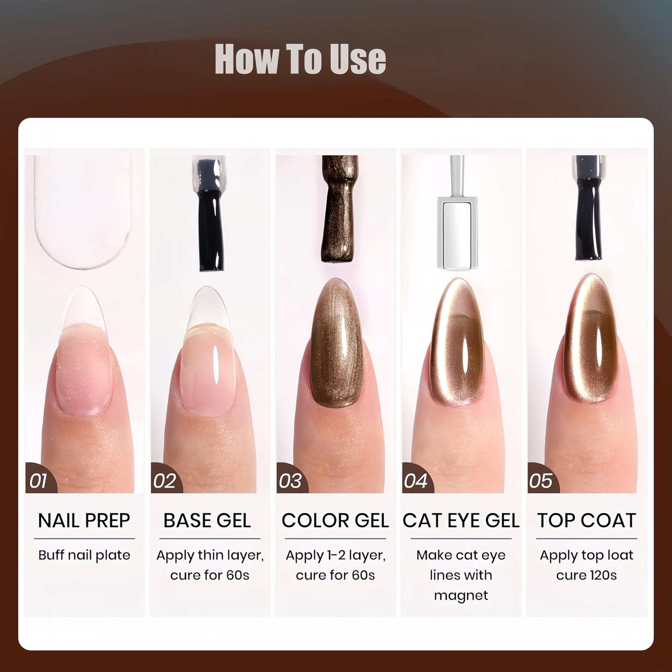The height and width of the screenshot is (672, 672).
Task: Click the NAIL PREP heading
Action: pyautogui.click(x=84, y=521)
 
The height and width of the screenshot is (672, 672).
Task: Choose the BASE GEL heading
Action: pyautogui.click(x=207, y=521)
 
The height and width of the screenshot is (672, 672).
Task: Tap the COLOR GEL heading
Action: pyautogui.click(x=335, y=521)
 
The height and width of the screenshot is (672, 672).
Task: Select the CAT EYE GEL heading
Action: pyautogui.click(x=461, y=521)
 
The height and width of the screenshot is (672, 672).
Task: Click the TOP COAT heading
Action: pyautogui.click(x=587, y=521)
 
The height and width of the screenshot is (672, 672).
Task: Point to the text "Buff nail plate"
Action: pyautogui.click(x=84, y=555)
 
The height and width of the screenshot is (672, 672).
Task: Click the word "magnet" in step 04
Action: pyautogui.click(x=461, y=596)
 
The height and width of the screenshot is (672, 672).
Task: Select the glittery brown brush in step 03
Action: pyautogui.click(x=340, y=209)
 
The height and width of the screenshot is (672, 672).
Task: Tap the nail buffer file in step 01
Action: pyautogui.click(x=83, y=212)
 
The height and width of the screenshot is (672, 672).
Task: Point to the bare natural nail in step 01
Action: pyautogui.click(x=84, y=351)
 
